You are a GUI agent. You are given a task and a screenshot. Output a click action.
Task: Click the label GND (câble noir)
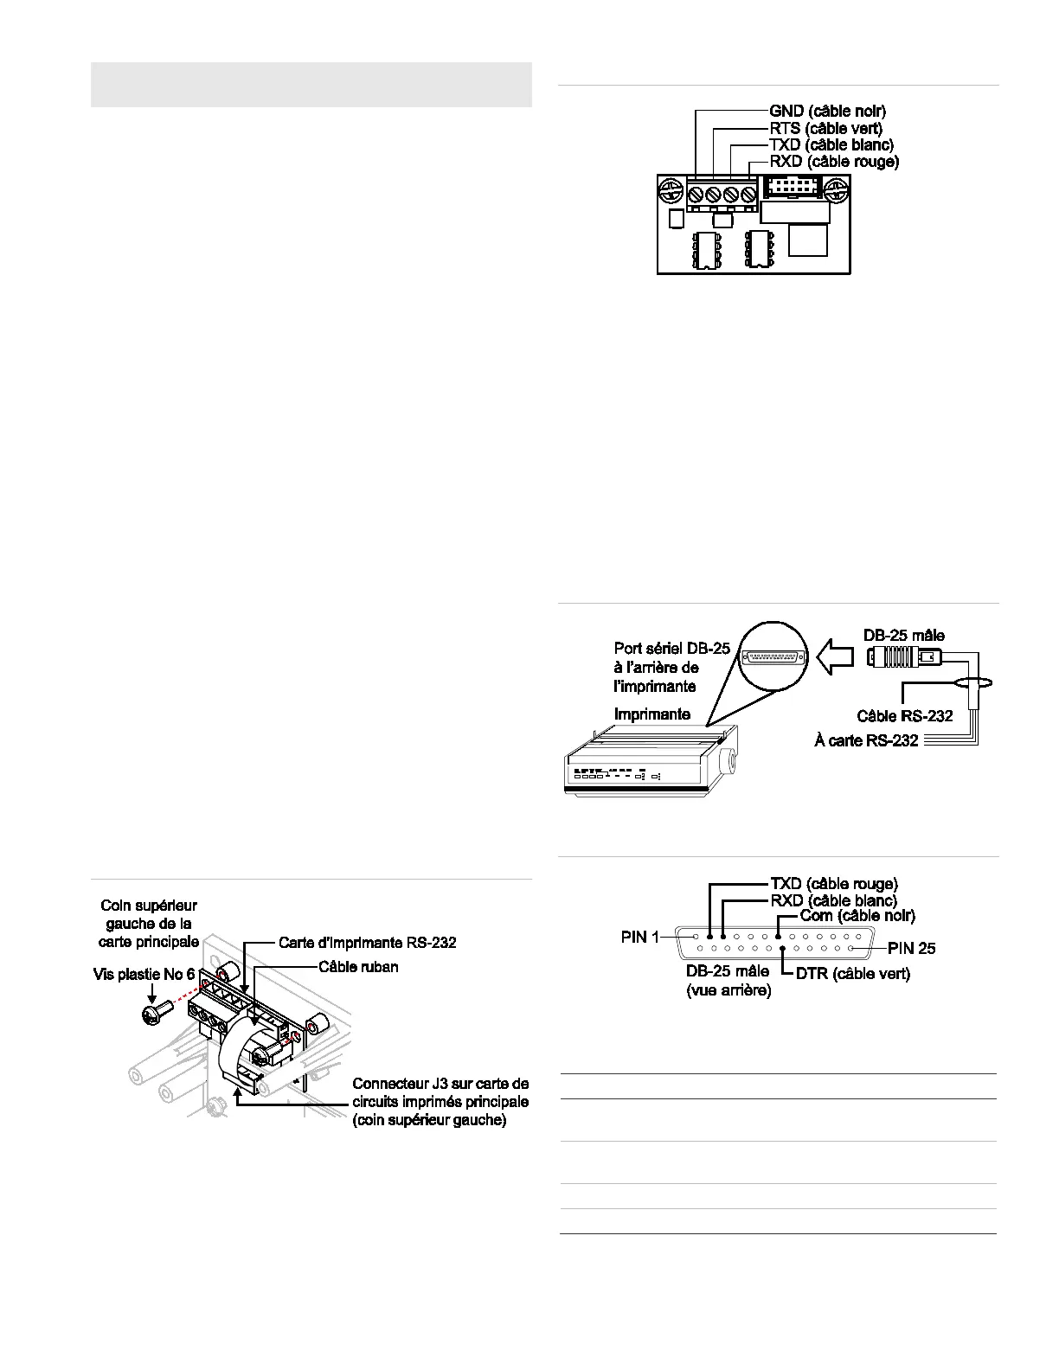[x=827, y=112]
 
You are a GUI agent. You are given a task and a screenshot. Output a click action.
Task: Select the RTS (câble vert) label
[x=825, y=128]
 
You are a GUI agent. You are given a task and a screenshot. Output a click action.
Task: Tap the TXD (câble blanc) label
[x=831, y=144]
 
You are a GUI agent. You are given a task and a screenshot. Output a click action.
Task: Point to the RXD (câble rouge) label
[x=834, y=161]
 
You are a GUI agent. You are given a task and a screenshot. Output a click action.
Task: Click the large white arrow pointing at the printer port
[x=836, y=657]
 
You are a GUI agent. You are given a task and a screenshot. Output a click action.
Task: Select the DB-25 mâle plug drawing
[x=903, y=658]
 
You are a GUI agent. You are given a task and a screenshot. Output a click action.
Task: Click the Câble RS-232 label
[x=905, y=716]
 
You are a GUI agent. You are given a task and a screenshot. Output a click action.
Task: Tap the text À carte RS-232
[x=866, y=740]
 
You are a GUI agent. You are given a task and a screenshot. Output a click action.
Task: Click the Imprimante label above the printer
[x=651, y=714]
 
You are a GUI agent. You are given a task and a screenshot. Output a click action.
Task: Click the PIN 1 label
[x=640, y=937]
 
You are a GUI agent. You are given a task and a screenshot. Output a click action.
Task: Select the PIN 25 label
[x=912, y=949]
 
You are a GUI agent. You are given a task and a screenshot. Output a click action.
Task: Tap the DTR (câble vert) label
[x=852, y=974]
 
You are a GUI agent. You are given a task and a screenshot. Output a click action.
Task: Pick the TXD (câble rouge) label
[x=833, y=884]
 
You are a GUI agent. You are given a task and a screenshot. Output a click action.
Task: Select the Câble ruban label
[x=358, y=967]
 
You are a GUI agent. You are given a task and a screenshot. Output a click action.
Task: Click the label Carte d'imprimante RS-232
[x=367, y=943]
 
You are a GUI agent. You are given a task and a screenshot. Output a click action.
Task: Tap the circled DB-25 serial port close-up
[x=774, y=656]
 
